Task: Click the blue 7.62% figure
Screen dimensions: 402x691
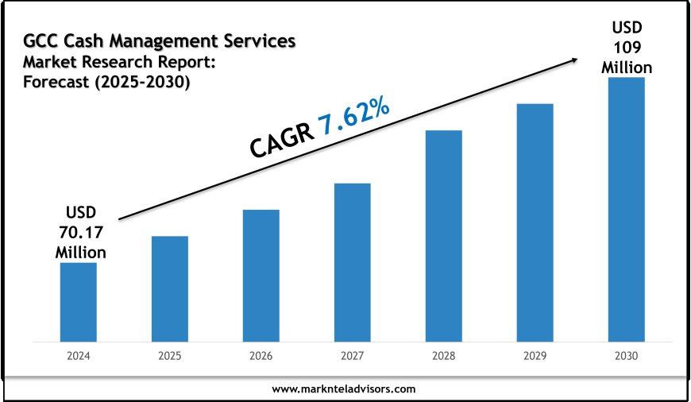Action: point(354,119)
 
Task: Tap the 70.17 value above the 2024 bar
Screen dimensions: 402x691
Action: point(80,232)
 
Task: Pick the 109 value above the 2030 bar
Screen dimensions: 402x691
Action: point(627,48)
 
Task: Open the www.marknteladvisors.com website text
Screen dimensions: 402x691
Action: point(344,389)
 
